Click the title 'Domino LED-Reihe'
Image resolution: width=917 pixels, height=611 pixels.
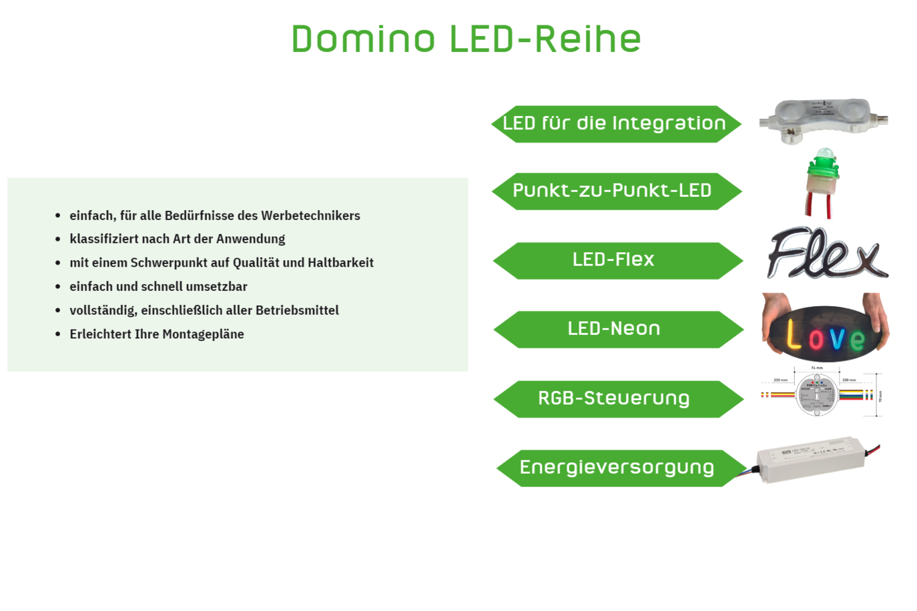click(x=466, y=39)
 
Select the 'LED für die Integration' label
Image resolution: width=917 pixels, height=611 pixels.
click(x=614, y=123)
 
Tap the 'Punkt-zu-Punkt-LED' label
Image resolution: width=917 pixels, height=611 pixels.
click(x=612, y=191)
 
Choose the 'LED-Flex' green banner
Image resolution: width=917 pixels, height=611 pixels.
click(x=613, y=259)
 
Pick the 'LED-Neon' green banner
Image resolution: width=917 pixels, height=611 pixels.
click(x=614, y=329)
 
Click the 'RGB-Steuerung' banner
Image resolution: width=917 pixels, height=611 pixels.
click(x=614, y=398)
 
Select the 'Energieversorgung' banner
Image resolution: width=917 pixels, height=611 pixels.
click(x=617, y=468)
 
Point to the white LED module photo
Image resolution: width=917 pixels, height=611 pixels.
click(x=822, y=118)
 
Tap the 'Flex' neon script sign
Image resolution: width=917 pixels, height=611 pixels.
click(x=826, y=253)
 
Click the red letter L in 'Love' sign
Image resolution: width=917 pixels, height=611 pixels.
click(x=793, y=335)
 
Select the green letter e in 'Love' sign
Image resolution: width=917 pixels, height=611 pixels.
click(x=858, y=340)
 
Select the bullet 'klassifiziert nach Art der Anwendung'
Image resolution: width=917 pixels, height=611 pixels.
click(x=177, y=239)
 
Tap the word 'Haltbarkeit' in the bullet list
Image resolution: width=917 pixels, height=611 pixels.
click(x=340, y=263)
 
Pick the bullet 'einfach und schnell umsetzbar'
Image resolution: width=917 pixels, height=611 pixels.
click(x=158, y=287)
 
